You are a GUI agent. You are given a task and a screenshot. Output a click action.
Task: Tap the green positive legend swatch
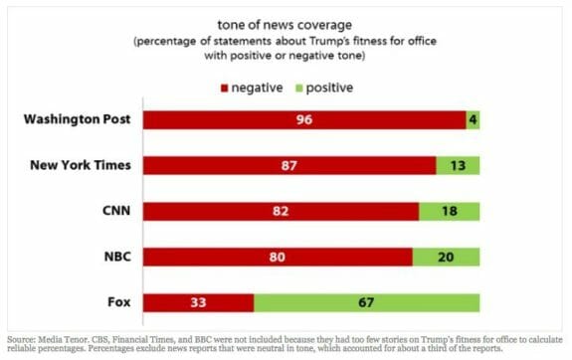coord(301,86)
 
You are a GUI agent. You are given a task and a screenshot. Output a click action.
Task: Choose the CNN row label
coord(117,211)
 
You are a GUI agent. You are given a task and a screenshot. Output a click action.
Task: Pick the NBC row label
coord(117,257)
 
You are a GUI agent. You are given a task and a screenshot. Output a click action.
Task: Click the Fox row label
coord(120,302)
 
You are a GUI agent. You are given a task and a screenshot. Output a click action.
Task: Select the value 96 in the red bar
coord(304,120)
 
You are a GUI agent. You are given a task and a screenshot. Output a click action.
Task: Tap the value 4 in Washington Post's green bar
coord(474,120)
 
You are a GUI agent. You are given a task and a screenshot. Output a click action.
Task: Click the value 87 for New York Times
coord(289,165)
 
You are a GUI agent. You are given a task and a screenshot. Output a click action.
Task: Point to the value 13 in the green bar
coord(458,165)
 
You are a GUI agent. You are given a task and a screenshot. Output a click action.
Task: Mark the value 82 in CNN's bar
coord(281,211)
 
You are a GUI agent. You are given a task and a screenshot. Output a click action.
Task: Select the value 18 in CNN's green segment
coord(450,211)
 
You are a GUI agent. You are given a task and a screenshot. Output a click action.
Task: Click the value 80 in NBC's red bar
coord(278,257)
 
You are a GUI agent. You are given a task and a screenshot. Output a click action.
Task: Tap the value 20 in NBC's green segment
coord(446,257)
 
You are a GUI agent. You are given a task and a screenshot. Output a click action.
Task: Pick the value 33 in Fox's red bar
coord(198,302)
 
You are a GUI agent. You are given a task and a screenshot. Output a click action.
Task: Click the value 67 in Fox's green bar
coord(367,302)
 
